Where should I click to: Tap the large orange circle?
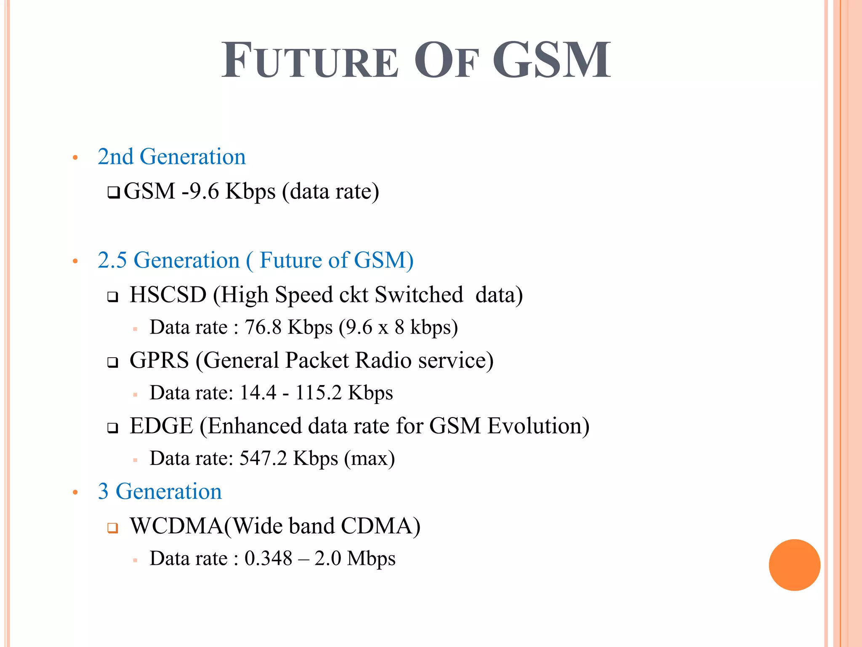pyautogui.click(x=794, y=565)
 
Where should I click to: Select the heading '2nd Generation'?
pyautogui.click(x=172, y=157)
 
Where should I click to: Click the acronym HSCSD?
pyautogui.click(x=168, y=294)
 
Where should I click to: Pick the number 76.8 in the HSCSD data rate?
pyautogui.click(x=263, y=327)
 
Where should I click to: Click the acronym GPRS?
pyautogui.click(x=159, y=360)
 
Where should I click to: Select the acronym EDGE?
pyautogui.click(x=161, y=426)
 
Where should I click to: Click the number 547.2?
pyautogui.click(x=263, y=458)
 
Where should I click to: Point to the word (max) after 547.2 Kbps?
pyautogui.click(x=369, y=458)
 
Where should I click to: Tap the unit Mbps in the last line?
pyautogui.click(x=371, y=559)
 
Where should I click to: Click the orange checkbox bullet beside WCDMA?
pyautogui.click(x=112, y=528)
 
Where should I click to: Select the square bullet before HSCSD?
pyautogui.click(x=112, y=297)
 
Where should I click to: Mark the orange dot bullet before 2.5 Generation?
pyautogui.click(x=75, y=262)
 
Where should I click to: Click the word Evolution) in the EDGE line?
pyautogui.click(x=538, y=426)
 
